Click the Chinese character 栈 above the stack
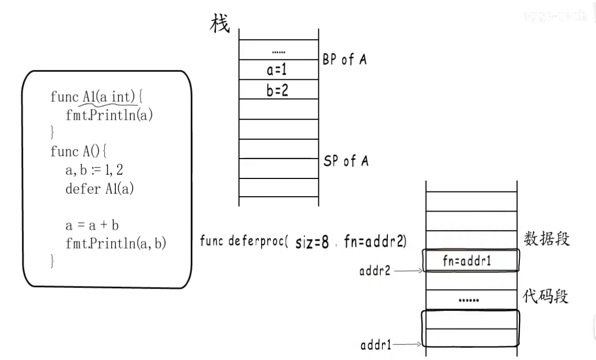click(x=220, y=23)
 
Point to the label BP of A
click(x=344, y=59)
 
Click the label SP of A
click(x=345, y=161)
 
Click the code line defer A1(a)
click(x=100, y=188)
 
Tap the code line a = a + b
click(x=92, y=225)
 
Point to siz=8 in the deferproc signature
click(x=312, y=243)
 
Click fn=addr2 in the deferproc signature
click(x=375, y=242)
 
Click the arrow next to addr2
click(x=410, y=271)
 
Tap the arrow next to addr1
click(x=410, y=344)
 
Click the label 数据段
click(x=546, y=239)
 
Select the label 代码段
click(x=546, y=297)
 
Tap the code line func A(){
click(x=78, y=151)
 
